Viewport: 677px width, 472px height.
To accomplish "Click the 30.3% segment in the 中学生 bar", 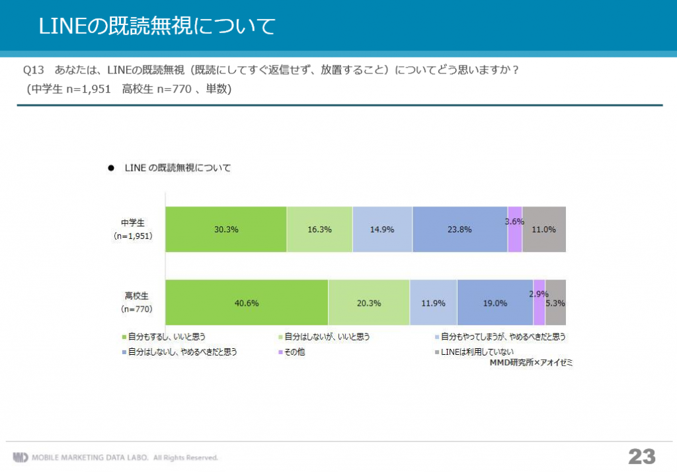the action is pyautogui.click(x=226, y=229).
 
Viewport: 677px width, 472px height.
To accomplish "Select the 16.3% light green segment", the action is pyautogui.click(x=319, y=229).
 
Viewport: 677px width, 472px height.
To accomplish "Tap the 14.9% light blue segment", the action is pyautogui.click(x=383, y=229).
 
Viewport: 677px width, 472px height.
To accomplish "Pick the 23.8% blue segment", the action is pyautogui.click(x=460, y=229).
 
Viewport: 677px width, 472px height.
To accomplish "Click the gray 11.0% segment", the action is pyautogui.click(x=544, y=229).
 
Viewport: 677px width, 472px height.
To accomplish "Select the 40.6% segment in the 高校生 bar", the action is pyautogui.click(x=247, y=303).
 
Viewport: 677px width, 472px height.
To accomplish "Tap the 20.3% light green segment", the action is pyautogui.click(x=369, y=303).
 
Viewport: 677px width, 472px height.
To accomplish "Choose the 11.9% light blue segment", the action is pyautogui.click(x=434, y=303).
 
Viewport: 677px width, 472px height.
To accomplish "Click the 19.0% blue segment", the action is pyautogui.click(x=495, y=303).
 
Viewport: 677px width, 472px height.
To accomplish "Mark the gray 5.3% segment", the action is pyautogui.click(x=555, y=303).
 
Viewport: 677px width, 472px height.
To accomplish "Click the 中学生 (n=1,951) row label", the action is pyautogui.click(x=133, y=229).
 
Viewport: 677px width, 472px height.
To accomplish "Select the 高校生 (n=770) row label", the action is pyautogui.click(x=136, y=302).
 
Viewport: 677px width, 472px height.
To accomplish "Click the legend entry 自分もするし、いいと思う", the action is pyautogui.click(x=164, y=337).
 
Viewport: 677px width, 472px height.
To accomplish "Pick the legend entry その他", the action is pyautogui.click(x=292, y=352).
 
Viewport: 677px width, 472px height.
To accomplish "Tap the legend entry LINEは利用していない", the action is pyautogui.click(x=474, y=352).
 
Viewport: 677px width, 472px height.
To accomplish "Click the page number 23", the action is pyautogui.click(x=642, y=456).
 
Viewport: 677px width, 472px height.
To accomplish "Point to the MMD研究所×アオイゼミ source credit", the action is pyautogui.click(x=531, y=363).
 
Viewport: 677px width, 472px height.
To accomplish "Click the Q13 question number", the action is pyautogui.click(x=34, y=70).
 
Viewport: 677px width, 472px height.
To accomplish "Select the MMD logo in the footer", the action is pyautogui.click(x=20, y=457).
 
